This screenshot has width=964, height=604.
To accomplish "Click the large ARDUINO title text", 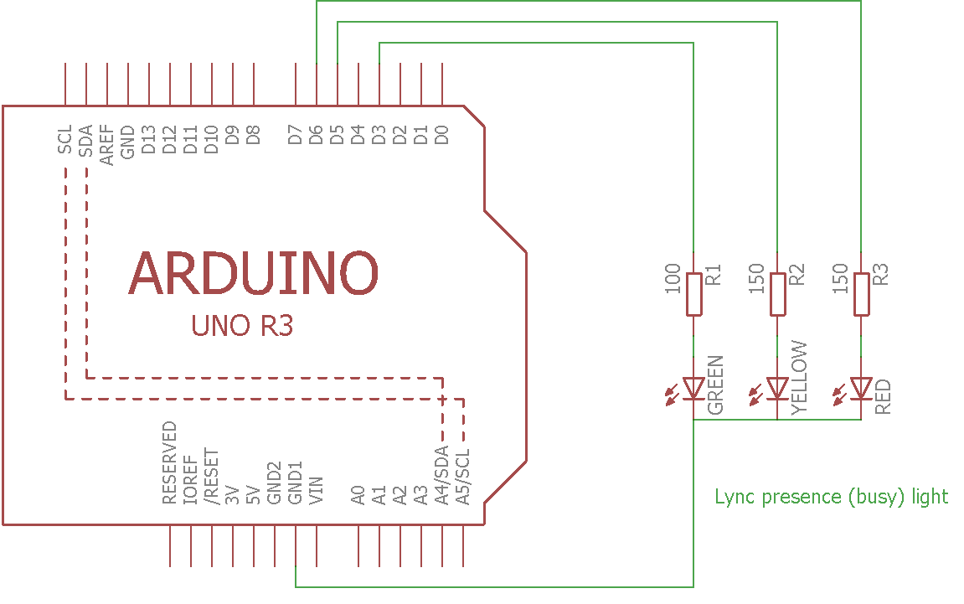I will [254, 273].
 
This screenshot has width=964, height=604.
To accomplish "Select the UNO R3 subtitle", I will [242, 326].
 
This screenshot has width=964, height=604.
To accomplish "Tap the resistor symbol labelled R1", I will [693, 293].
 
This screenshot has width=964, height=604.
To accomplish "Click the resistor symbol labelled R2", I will [777, 293].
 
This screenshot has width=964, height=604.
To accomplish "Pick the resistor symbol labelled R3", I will [861, 293].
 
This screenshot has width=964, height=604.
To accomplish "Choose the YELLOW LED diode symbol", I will [777, 388].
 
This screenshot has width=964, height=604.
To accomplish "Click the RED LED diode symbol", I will [861, 388].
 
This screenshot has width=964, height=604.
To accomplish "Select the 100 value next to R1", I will [673, 279].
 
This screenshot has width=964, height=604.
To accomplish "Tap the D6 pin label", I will [317, 134].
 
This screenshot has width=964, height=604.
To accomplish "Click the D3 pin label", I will [379, 134].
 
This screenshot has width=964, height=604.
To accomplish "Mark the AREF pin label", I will [107, 145].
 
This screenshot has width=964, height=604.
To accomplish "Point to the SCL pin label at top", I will [65, 139].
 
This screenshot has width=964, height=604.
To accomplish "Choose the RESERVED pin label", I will [170, 462].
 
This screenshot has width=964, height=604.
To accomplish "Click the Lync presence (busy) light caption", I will [831, 497].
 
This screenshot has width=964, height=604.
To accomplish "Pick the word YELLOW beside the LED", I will [799, 377].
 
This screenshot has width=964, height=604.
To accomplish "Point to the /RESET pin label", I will [212, 475].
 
